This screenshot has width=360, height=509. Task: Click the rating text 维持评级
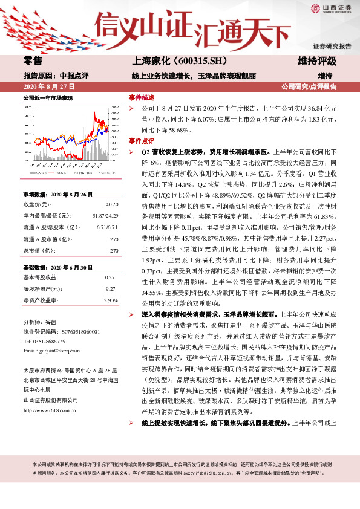point(317,61)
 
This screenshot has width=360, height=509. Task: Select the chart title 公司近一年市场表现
point(48,97)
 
